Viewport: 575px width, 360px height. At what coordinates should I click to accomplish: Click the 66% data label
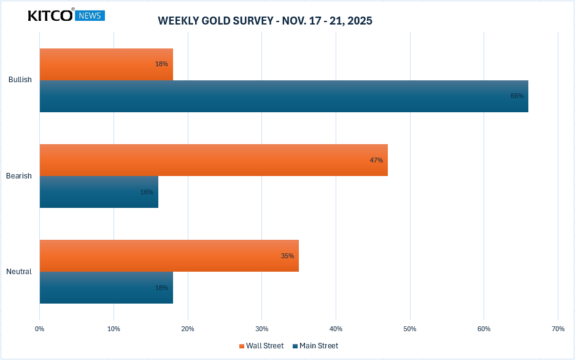[x=517, y=96]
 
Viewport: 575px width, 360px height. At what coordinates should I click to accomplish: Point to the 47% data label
[x=376, y=160]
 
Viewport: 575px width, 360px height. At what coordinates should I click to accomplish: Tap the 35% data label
[x=287, y=256]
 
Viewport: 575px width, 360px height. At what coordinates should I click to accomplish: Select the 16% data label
[x=147, y=192]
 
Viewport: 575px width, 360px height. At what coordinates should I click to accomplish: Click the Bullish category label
[x=20, y=80]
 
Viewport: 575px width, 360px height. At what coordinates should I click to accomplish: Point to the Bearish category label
[x=19, y=176]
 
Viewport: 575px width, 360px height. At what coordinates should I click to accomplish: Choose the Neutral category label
[x=19, y=272]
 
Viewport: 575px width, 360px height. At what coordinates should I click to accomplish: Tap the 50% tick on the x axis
[x=410, y=329]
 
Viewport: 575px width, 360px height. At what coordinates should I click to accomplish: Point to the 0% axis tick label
[x=40, y=329]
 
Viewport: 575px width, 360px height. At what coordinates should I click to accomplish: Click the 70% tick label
[x=558, y=329]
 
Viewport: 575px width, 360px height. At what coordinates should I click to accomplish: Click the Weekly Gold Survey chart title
[x=265, y=21]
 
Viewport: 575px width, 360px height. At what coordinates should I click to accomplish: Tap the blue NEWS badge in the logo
[x=90, y=16]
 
